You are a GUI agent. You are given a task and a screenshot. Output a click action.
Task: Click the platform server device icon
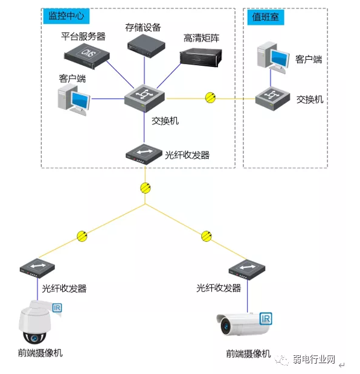tap(89, 52)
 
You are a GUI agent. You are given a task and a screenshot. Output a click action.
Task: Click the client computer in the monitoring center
tap(74, 98)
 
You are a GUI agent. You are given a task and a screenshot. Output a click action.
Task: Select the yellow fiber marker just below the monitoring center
tap(145, 188)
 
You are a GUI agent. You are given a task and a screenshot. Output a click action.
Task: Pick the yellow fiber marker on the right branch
tap(206, 235)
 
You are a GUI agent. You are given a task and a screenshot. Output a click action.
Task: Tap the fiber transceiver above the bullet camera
tap(246, 268)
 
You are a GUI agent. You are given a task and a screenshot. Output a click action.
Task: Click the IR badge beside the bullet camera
tap(265, 318)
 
